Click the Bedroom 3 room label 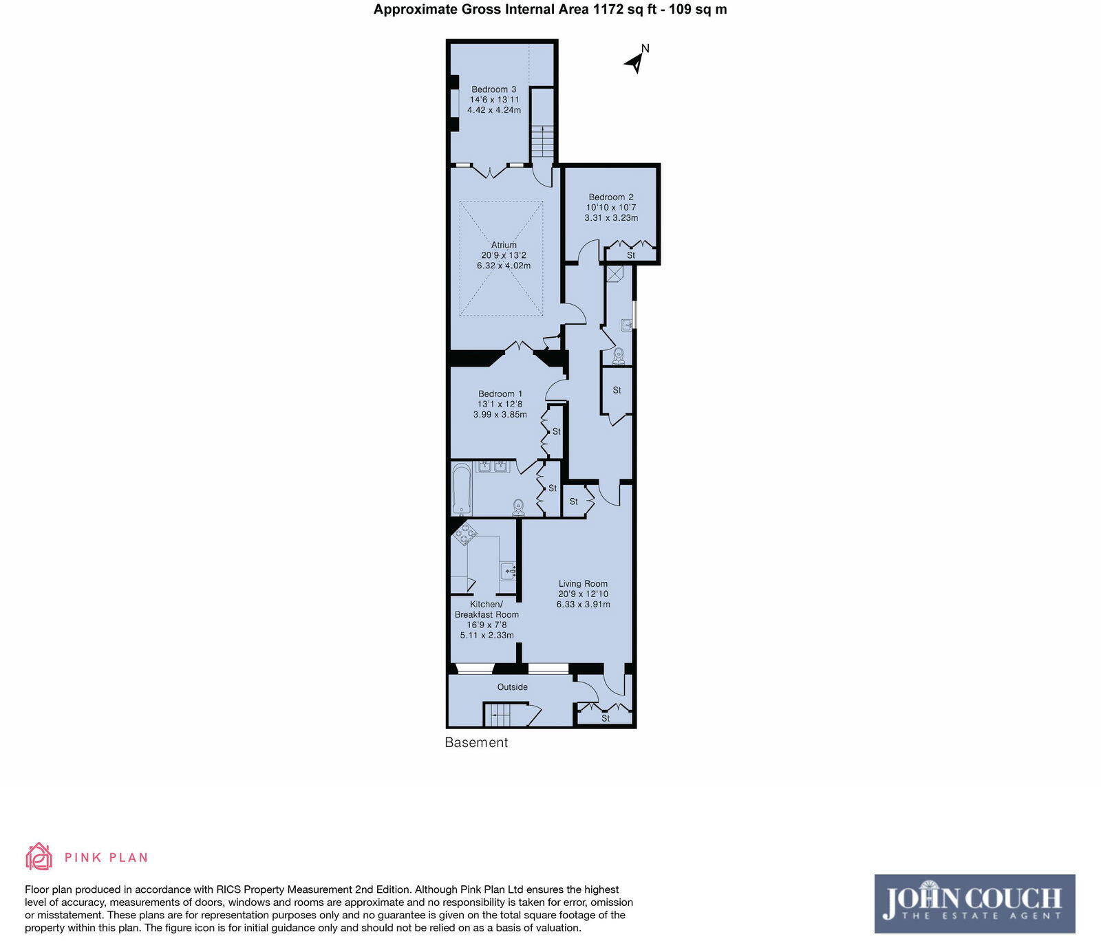[x=493, y=89]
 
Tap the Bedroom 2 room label [x=610, y=197]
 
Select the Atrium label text [x=504, y=245]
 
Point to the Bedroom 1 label [x=500, y=394]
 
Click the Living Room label [x=583, y=584]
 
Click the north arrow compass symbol [x=636, y=61]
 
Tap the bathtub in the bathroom [x=461, y=489]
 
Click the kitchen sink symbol [x=508, y=570]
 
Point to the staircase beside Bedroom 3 [x=542, y=141]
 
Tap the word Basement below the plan [x=476, y=743]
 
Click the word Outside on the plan [x=512, y=687]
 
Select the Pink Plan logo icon [x=39, y=856]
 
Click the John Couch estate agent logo [x=974, y=903]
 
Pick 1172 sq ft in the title [x=623, y=10]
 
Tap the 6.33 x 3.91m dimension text [x=583, y=605]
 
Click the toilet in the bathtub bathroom [x=519, y=507]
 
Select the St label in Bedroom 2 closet [x=631, y=255]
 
